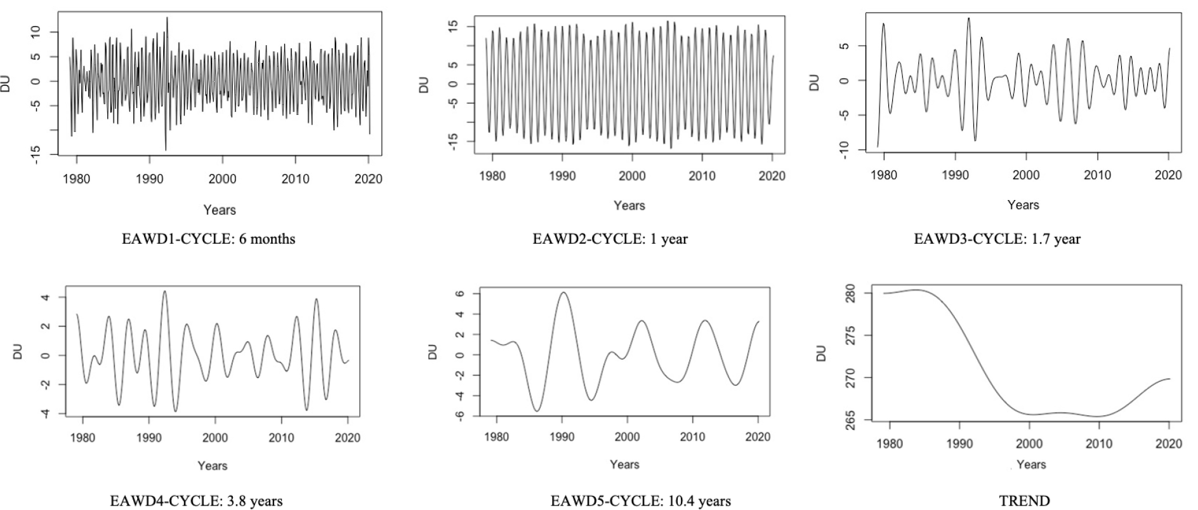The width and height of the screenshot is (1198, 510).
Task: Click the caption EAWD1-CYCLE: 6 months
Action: click(x=208, y=239)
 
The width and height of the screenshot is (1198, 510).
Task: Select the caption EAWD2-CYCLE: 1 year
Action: click(x=610, y=239)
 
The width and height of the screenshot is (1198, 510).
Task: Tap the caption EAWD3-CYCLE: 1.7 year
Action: click(x=997, y=239)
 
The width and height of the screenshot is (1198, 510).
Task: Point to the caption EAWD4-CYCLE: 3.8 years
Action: click(x=196, y=501)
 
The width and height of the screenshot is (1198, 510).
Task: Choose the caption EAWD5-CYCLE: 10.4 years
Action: click(x=640, y=501)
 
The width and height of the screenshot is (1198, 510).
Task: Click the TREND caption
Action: click(x=1024, y=501)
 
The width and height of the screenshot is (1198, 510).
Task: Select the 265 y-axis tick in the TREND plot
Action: click(x=852, y=420)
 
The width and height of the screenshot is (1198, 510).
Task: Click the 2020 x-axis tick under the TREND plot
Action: click(x=1168, y=443)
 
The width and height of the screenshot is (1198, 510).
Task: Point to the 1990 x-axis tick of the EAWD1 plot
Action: click(x=149, y=179)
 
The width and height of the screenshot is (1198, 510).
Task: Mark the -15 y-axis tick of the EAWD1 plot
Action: click(x=37, y=154)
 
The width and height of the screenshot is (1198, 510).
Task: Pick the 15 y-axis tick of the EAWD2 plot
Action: click(x=452, y=26)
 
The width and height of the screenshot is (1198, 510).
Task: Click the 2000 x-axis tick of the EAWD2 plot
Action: click(x=631, y=176)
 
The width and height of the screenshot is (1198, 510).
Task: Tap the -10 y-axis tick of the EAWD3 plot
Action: click(x=844, y=150)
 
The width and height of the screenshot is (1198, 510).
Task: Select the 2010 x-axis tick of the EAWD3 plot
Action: click(x=1097, y=175)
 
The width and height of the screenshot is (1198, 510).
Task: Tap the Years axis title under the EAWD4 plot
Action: click(x=212, y=466)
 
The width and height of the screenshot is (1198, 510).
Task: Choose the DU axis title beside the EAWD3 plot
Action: click(x=815, y=82)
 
